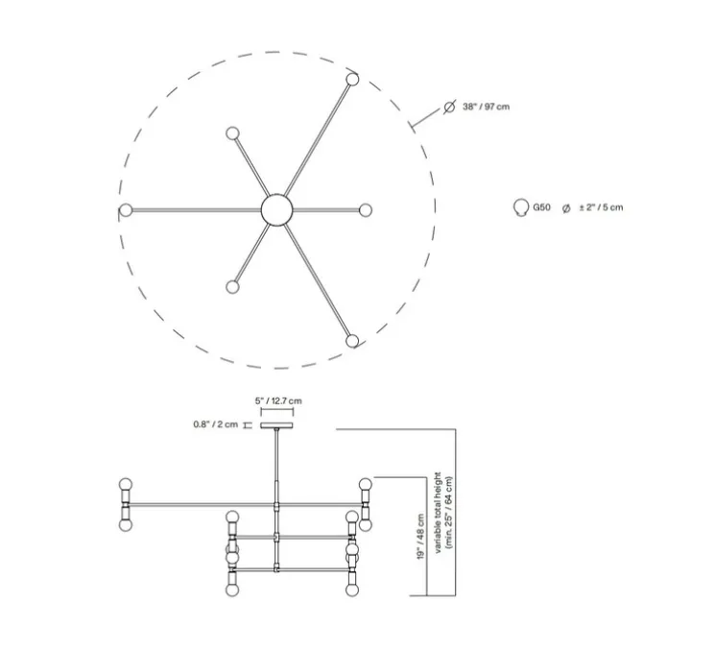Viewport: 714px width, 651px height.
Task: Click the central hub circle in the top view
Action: point(276,209)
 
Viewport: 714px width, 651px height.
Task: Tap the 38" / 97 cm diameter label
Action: point(485,107)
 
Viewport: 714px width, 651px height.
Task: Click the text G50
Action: point(541,207)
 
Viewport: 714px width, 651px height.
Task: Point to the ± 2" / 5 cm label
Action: point(600,207)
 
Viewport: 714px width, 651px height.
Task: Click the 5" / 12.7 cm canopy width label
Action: point(278,400)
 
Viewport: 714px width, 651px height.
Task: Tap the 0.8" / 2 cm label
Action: point(213,424)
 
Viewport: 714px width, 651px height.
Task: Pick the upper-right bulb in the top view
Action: point(353,80)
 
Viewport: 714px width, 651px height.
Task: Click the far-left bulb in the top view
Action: point(126,209)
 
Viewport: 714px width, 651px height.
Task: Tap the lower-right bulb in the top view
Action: point(353,340)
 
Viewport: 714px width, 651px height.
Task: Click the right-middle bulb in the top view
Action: point(366,209)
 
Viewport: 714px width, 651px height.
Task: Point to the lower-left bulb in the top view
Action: point(231,286)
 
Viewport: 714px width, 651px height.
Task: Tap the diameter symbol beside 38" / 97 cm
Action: point(448,107)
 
